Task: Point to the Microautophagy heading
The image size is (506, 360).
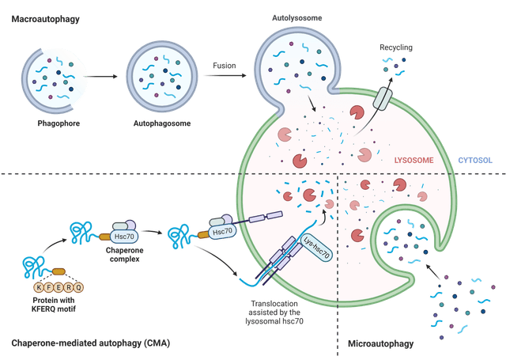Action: pos(380,344)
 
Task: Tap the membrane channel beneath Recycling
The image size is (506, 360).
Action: pos(383,99)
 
